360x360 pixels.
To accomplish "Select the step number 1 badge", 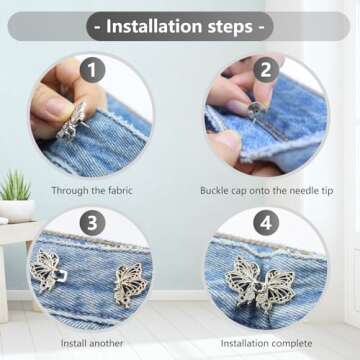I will coord(92,70).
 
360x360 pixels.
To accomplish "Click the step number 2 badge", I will coord(267,70).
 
